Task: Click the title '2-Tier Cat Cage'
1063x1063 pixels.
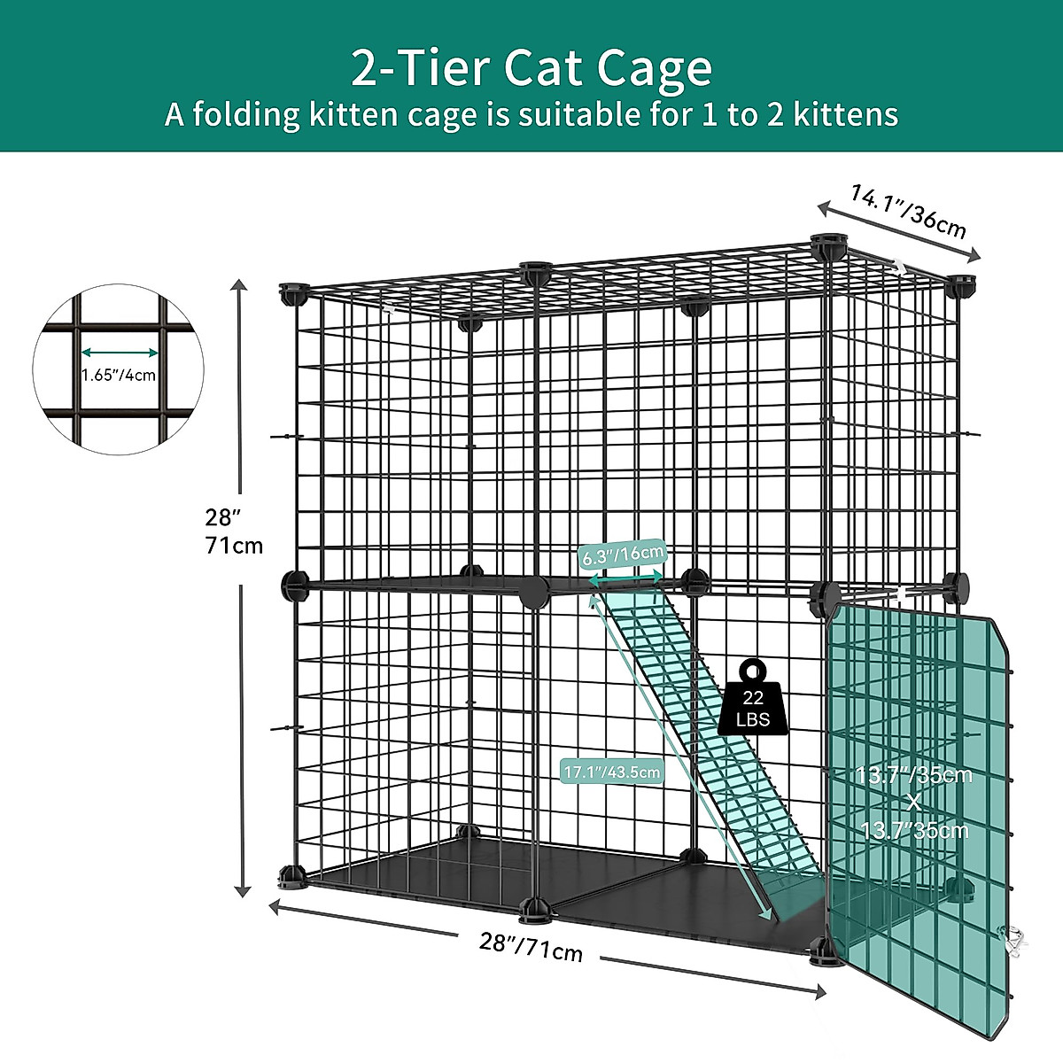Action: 531,68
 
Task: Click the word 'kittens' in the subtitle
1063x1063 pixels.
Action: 845,114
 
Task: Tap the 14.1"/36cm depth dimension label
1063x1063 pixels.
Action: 908,211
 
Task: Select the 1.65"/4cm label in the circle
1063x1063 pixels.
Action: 119,375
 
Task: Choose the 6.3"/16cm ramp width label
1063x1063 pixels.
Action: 622,555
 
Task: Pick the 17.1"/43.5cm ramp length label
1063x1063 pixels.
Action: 612,772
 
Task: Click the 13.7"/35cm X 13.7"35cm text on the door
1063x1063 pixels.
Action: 914,802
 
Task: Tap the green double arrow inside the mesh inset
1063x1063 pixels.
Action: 119,352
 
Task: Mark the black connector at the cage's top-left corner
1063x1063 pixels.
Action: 293,293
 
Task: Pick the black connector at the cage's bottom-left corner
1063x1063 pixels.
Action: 292,878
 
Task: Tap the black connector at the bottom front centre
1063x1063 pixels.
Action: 535,907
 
